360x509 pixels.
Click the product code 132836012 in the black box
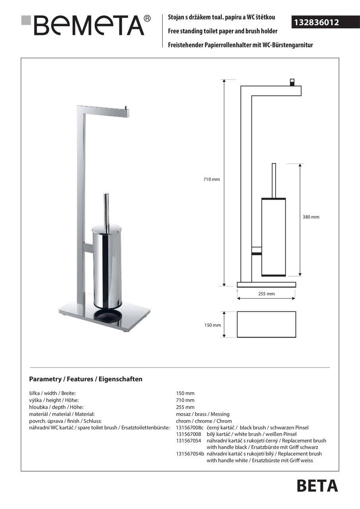pyautogui.click(x=316, y=23)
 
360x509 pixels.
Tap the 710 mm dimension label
pyautogui.click(x=212, y=179)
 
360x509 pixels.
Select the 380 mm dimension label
pyautogui.click(x=311, y=217)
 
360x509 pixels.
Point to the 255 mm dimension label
pyautogui.click(x=266, y=294)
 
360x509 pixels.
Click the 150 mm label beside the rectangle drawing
pyautogui.click(x=212, y=325)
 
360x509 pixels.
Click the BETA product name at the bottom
pyautogui.click(x=317, y=486)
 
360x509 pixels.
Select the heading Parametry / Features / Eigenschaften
pyautogui.click(x=86, y=379)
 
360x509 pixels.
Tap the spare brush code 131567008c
pyautogui.click(x=190, y=427)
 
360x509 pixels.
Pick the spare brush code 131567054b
pyautogui.click(x=190, y=454)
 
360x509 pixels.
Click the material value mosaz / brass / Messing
pyautogui.click(x=203, y=414)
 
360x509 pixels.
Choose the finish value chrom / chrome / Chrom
pyautogui.click(x=204, y=421)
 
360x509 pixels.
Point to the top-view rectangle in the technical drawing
pyautogui.click(x=266, y=324)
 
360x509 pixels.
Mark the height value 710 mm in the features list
pyautogui.click(x=185, y=400)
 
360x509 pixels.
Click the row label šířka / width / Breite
pyautogui.click(x=52, y=393)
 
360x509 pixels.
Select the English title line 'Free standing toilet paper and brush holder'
pyautogui.click(x=223, y=31)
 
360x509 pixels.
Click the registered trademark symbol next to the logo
pyautogui.click(x=147, y=18)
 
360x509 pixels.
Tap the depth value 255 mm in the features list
pyautogui.click(x=185, y=407)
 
